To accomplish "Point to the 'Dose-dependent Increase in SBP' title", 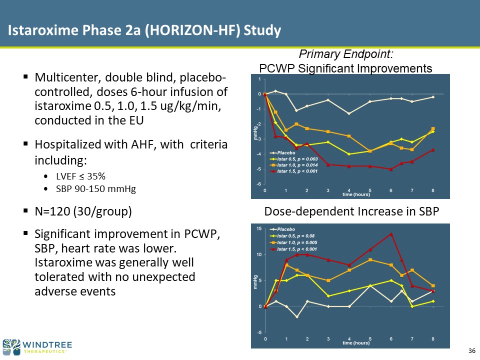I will [x=351, y=212].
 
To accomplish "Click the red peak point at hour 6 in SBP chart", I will [x=391, y=234].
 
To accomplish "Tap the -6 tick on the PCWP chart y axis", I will [x=259, y=184].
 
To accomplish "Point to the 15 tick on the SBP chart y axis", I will [x=259, y=228].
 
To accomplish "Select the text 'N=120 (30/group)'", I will [x=83, y=211].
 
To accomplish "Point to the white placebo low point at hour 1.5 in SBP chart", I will [x=296, y=317].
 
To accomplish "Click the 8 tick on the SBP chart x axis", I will [x=433, y=339].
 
